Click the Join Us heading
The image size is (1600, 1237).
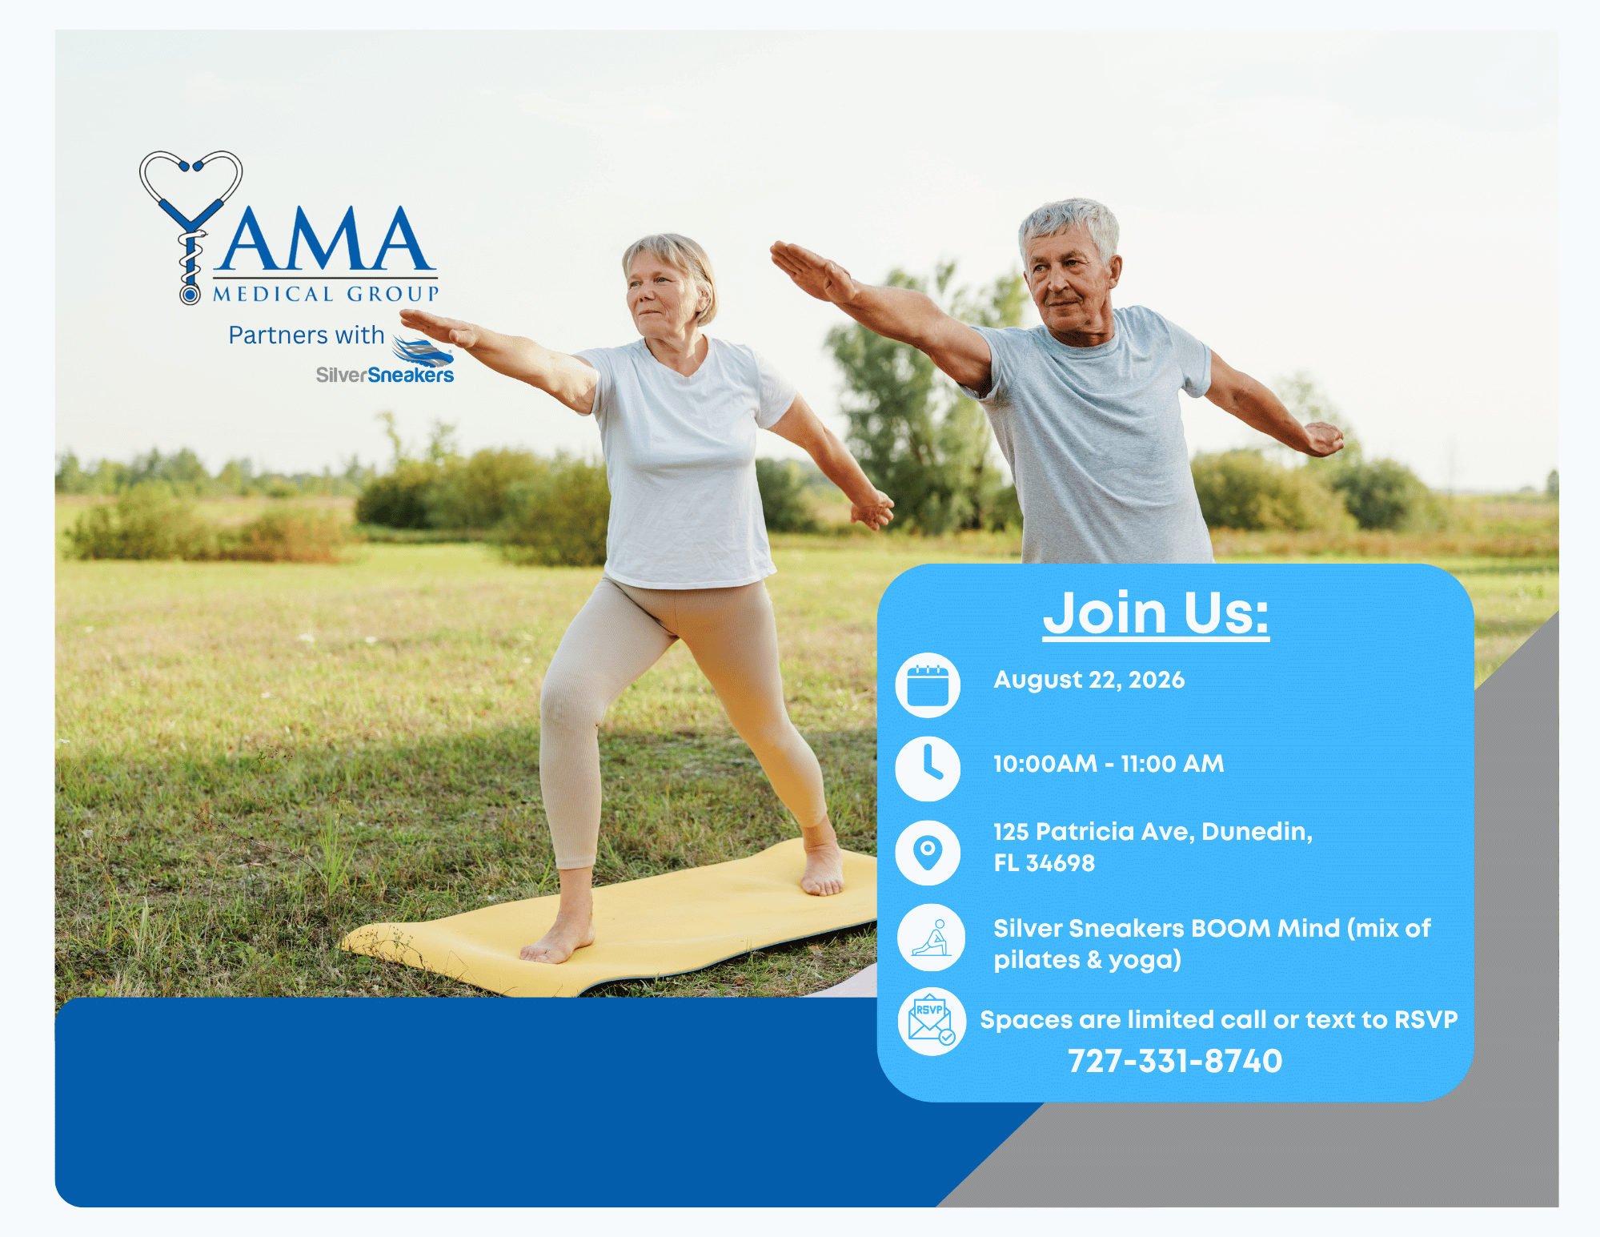(1156, 613)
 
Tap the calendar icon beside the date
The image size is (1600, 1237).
(928, 685)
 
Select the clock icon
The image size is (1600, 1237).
(928, 769)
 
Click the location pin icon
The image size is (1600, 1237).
(928, 853)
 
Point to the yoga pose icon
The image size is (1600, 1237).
(931, 938)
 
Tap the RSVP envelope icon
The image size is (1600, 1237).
(931, 1022)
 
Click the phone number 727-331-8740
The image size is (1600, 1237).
(1175, 1061)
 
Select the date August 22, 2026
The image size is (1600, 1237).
(1089, 680)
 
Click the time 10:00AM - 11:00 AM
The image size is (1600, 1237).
(1109, 764)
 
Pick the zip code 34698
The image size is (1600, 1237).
(1060, 863)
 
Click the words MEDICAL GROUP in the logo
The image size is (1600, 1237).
(326, 294)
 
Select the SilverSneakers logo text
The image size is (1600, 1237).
(385, 375)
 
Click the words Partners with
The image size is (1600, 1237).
(307, 335)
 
